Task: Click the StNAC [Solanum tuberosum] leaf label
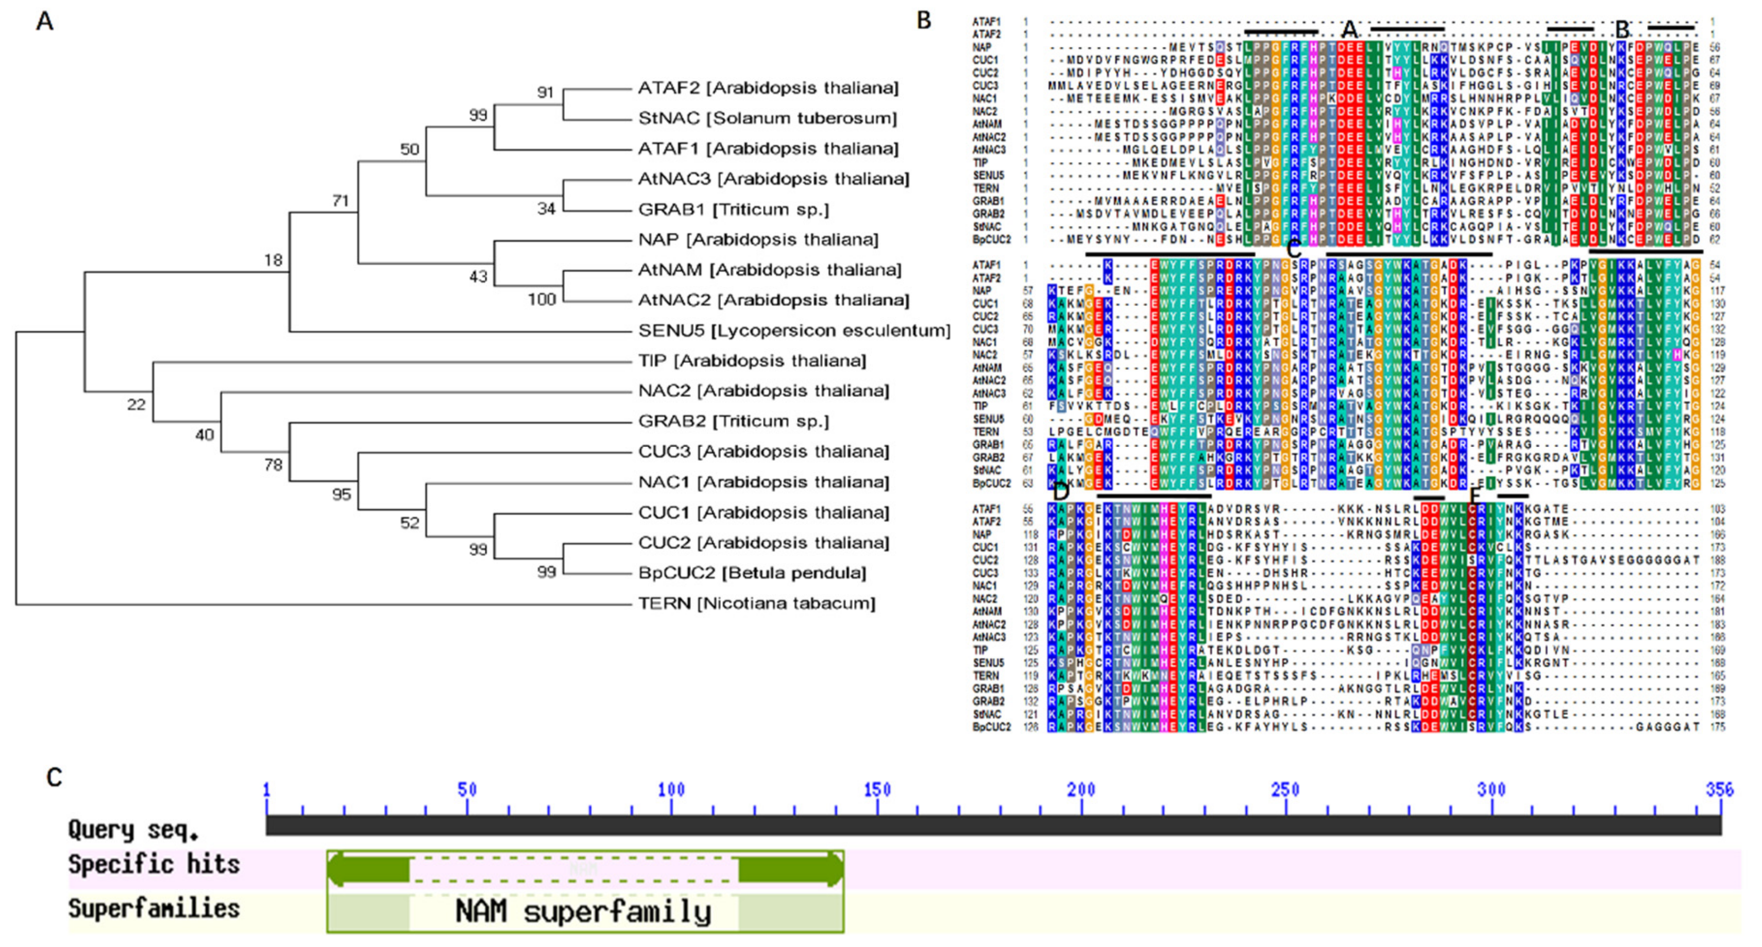pyautogui.click(x=767, y=118)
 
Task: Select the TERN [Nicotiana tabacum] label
pyautogui.click(x=756, y=604)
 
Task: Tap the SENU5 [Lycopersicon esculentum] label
pyautogui.click(x=794, y=331)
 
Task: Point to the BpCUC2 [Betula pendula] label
pyautogui.click(x=752, y=573)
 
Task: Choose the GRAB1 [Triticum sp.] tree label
pyautogui.click(x=733, y=209)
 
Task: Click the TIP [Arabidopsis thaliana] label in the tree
pyautogui.click(x=752, y=361)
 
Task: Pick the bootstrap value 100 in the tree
pyautogui.click(x=541, y=300)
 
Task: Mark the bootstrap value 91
pyautogui.click(x=545, y=92)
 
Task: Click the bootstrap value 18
pyautogui.click(x=273, y=260)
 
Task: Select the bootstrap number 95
pyautogui.click(x=341, y=494)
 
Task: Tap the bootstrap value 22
pyautogui.click(x=136, y=405)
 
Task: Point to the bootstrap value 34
pyautogui.click(x=545, y=209)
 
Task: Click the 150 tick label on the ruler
pyautogui.click(x=877, y=790)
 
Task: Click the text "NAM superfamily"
pyautogui.click(x=583, y=911)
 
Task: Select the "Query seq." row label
pyautogui.click(x=133, y=830)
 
